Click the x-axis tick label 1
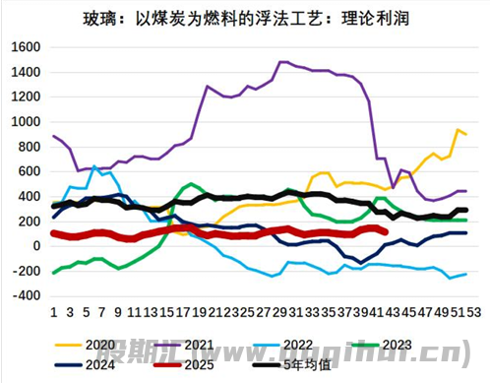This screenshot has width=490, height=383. (53, 310)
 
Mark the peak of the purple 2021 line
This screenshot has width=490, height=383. (282, 62)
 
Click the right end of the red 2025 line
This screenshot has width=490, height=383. (383, 233)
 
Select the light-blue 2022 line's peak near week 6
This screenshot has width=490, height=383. (93, 166)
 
